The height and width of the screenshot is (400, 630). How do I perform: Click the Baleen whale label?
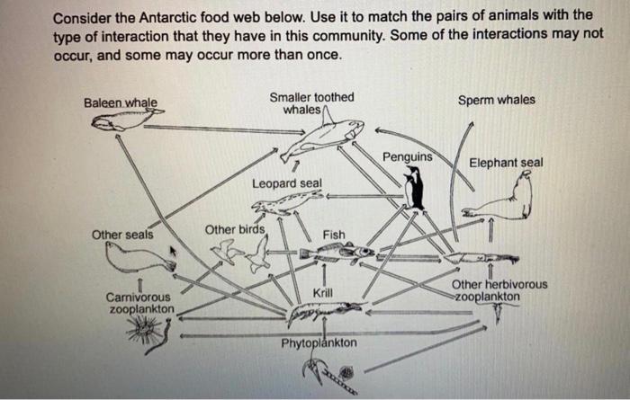pos(120,103)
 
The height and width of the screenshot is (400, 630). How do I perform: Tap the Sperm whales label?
pos(496,100)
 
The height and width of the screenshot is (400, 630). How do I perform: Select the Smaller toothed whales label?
pos(311,102)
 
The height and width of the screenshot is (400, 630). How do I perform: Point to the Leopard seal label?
pos(286,183)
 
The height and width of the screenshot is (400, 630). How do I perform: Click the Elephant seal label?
pos(506,163)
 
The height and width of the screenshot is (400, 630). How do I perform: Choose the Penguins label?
pos(407,157)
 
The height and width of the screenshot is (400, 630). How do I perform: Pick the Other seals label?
pos(122,236)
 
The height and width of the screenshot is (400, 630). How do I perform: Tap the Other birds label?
pos(235,230)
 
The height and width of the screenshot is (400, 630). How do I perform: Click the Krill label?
pos(323,294)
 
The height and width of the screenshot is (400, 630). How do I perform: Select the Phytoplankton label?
pos(319,344)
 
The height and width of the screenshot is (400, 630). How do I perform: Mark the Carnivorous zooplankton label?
pos(139,303)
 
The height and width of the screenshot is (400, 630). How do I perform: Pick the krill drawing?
pos(324,312)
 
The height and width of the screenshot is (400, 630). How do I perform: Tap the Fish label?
pos(334,235)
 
